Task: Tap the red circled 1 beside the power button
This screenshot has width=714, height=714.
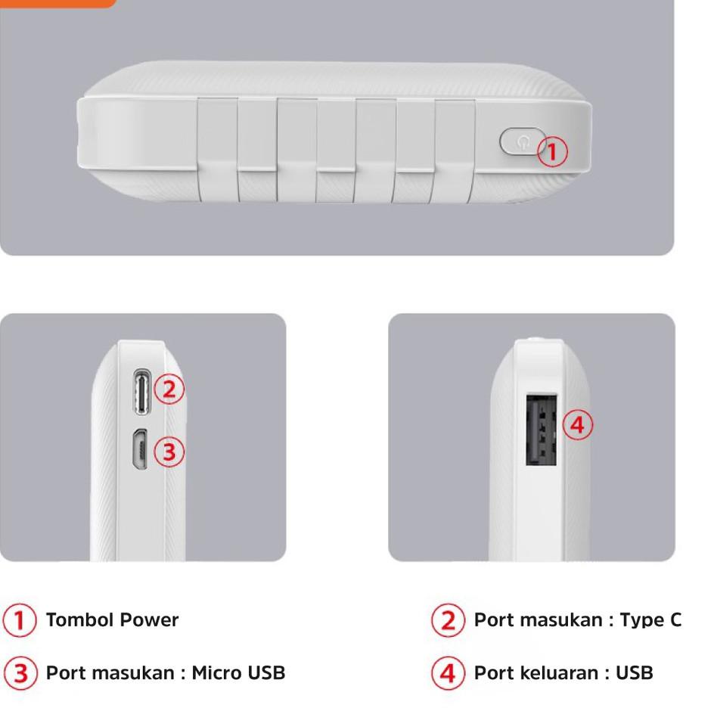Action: [552, 152]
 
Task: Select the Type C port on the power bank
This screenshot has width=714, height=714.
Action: [141, 390]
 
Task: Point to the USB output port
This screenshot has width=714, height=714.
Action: [542, 430]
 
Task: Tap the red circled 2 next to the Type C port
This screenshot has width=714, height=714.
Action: [169, 389]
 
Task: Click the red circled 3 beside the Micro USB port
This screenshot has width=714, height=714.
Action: [169, 452]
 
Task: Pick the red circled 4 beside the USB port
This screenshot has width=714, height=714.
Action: [577, 425]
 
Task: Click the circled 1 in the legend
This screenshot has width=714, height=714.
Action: [20, 621]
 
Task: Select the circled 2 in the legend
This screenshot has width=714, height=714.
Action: [448, 621]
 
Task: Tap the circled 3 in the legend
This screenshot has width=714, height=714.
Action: [20, 673]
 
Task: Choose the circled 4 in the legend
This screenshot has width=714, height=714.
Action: [448, 673]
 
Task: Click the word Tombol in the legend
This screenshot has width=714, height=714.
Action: [76, 620]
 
